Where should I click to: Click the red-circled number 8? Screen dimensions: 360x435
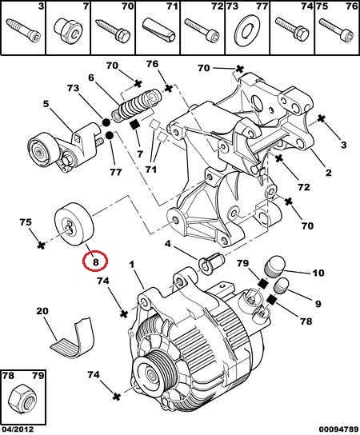[95, 262]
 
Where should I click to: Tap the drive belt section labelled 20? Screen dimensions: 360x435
[73, 337]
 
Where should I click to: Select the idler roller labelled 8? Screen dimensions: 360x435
[74, 225]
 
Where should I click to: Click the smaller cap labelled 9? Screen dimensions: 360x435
[281, 286]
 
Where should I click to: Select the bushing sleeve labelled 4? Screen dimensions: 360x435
[212, 263]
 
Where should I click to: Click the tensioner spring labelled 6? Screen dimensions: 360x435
[137, 106]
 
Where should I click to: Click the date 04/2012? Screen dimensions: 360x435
[18, 429]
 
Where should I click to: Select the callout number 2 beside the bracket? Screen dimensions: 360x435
[328, 173]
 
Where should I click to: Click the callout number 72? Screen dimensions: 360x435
[303, 187]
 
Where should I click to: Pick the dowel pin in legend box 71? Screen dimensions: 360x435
[158, 30]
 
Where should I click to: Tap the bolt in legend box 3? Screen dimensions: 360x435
[23, 29]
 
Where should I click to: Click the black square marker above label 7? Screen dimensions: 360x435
[135, 126]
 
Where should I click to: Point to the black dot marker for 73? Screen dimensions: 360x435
[106, 122]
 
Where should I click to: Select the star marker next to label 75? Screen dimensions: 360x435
[41, 245]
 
